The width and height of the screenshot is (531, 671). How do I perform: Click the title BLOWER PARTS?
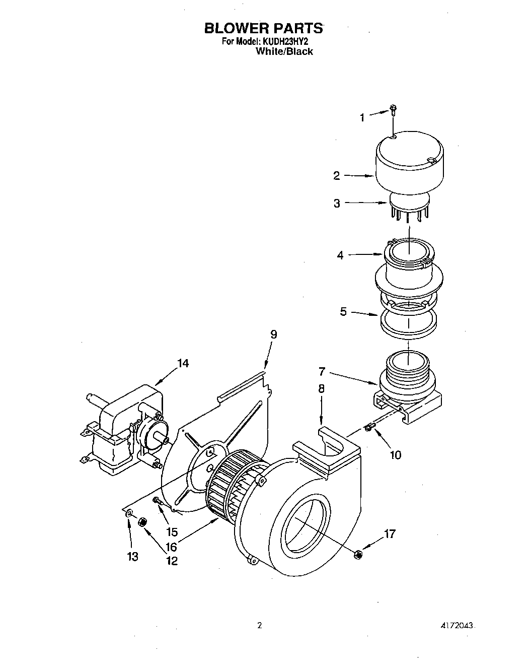coord(263,28)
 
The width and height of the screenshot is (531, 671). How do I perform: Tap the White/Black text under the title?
coord(284,51)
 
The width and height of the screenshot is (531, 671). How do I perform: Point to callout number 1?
coord(362,118)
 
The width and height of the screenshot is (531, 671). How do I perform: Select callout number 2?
coord(336,176)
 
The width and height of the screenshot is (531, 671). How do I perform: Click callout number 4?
coord(340,255)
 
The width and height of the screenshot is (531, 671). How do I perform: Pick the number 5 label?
coord(343,312)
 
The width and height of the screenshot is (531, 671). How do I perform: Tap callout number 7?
coord(322,372)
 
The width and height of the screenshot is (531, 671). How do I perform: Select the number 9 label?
coord(273,334)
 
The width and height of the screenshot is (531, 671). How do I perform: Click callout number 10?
coord(396,455)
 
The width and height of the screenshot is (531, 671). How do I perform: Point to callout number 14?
coord(183,363)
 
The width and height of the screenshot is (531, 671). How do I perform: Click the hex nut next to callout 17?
coord(358,554)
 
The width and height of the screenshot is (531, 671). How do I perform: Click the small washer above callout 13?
coord(129,514)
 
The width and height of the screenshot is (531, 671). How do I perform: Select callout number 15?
coord(172,532)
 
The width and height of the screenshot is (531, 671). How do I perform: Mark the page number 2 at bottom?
coord(260,626)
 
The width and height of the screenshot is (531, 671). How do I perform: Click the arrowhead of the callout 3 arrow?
coord(386,204)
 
